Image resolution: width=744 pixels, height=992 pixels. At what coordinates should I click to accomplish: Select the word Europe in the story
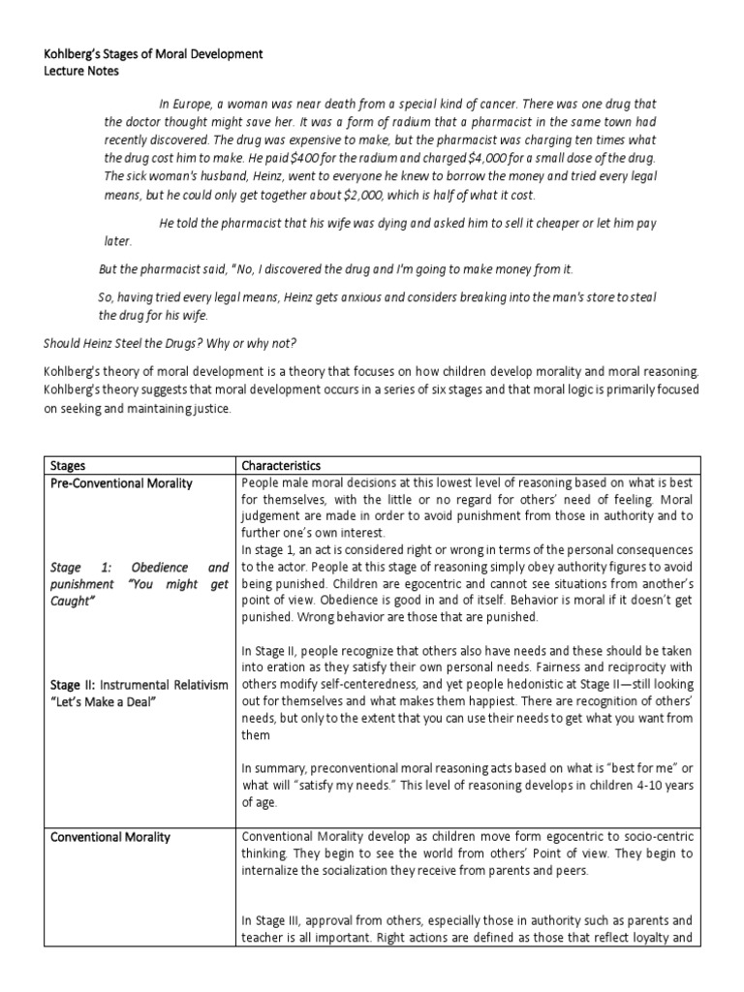pos(191,105)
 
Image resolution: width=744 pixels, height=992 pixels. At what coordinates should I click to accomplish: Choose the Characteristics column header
pos(282,466)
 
